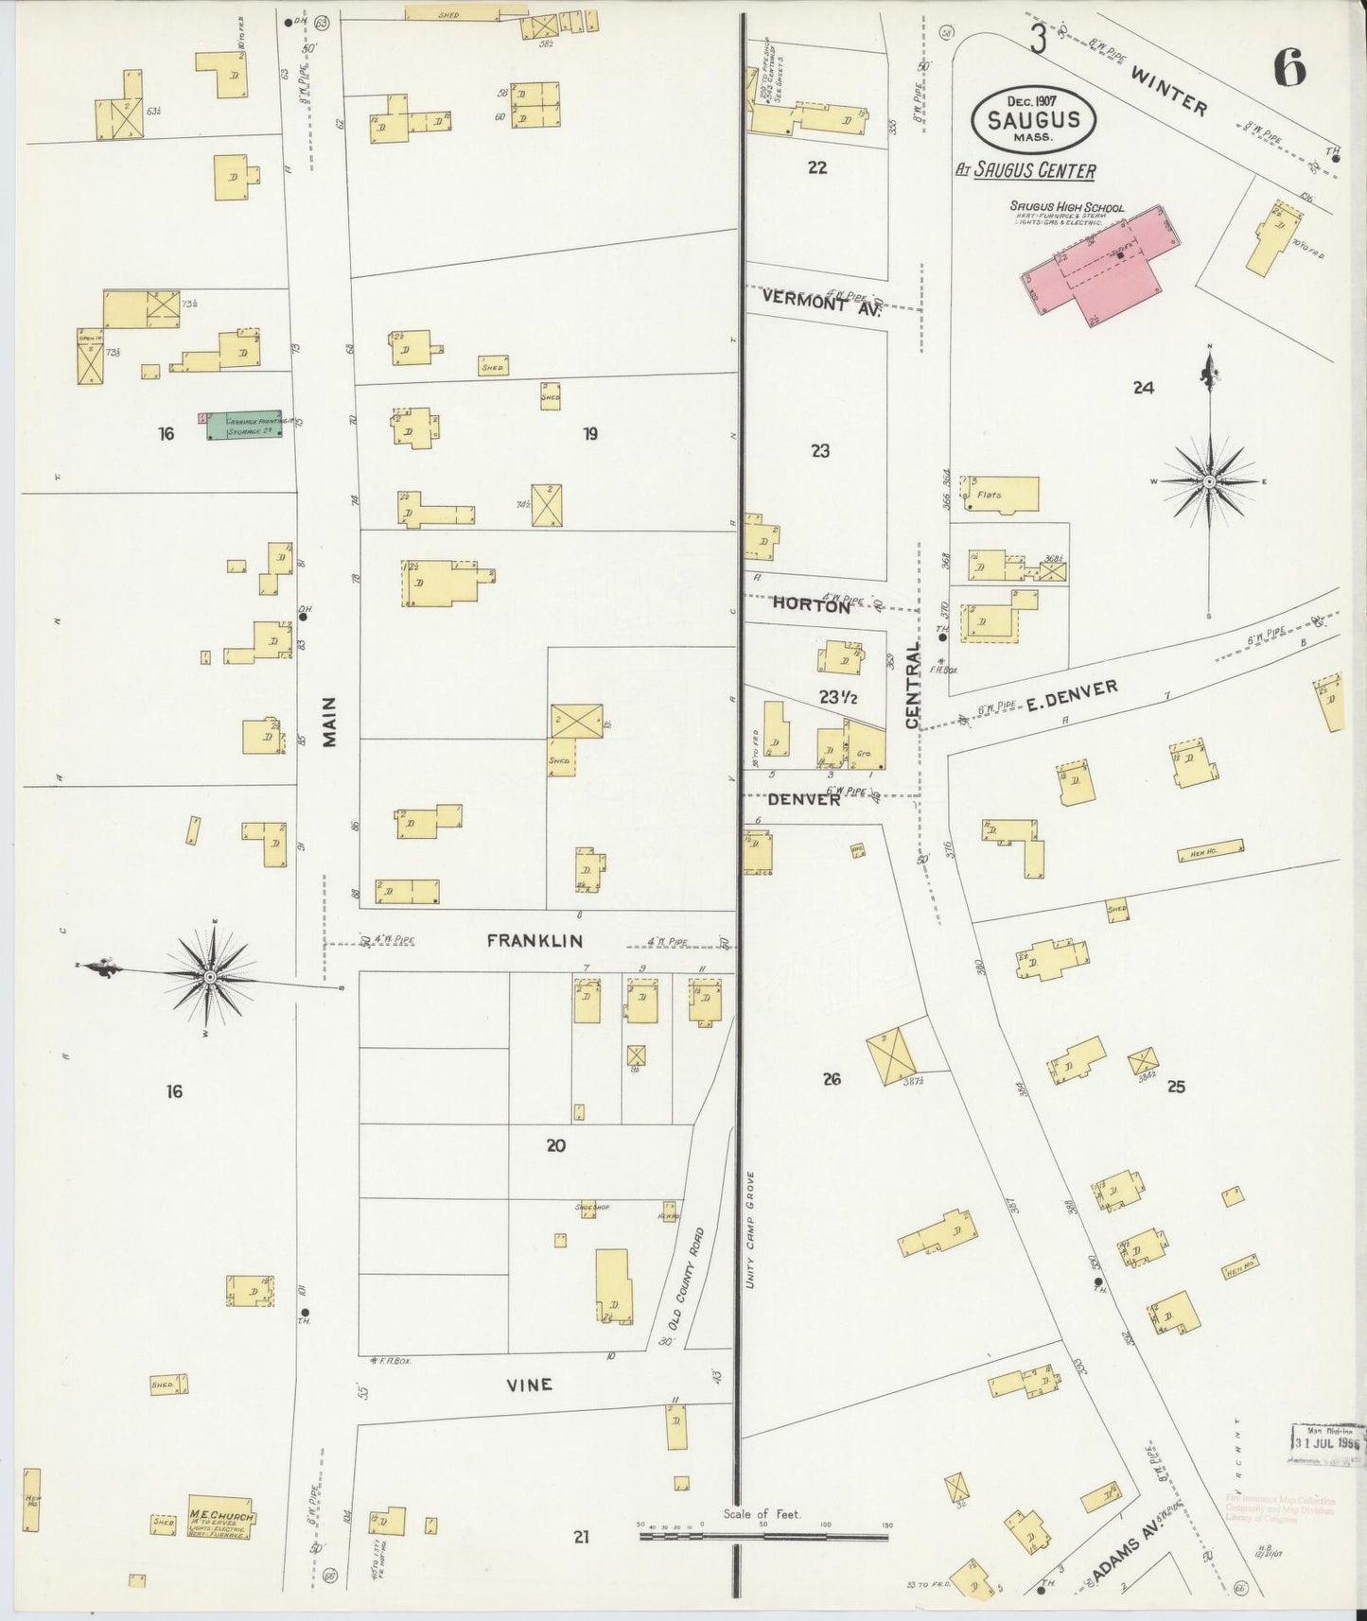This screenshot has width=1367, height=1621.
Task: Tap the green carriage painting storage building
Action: tap(244, 425)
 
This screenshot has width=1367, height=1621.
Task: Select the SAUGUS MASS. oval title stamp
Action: tap(1033, 120)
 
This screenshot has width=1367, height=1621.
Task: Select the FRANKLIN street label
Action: tap(535, 941)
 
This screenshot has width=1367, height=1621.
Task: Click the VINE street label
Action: tap(529, 1385)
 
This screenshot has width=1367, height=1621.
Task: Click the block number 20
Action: tap(555, 1145)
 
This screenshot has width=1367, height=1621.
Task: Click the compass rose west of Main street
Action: tap(210, 975)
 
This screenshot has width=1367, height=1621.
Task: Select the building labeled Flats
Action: tap(999, 495)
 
